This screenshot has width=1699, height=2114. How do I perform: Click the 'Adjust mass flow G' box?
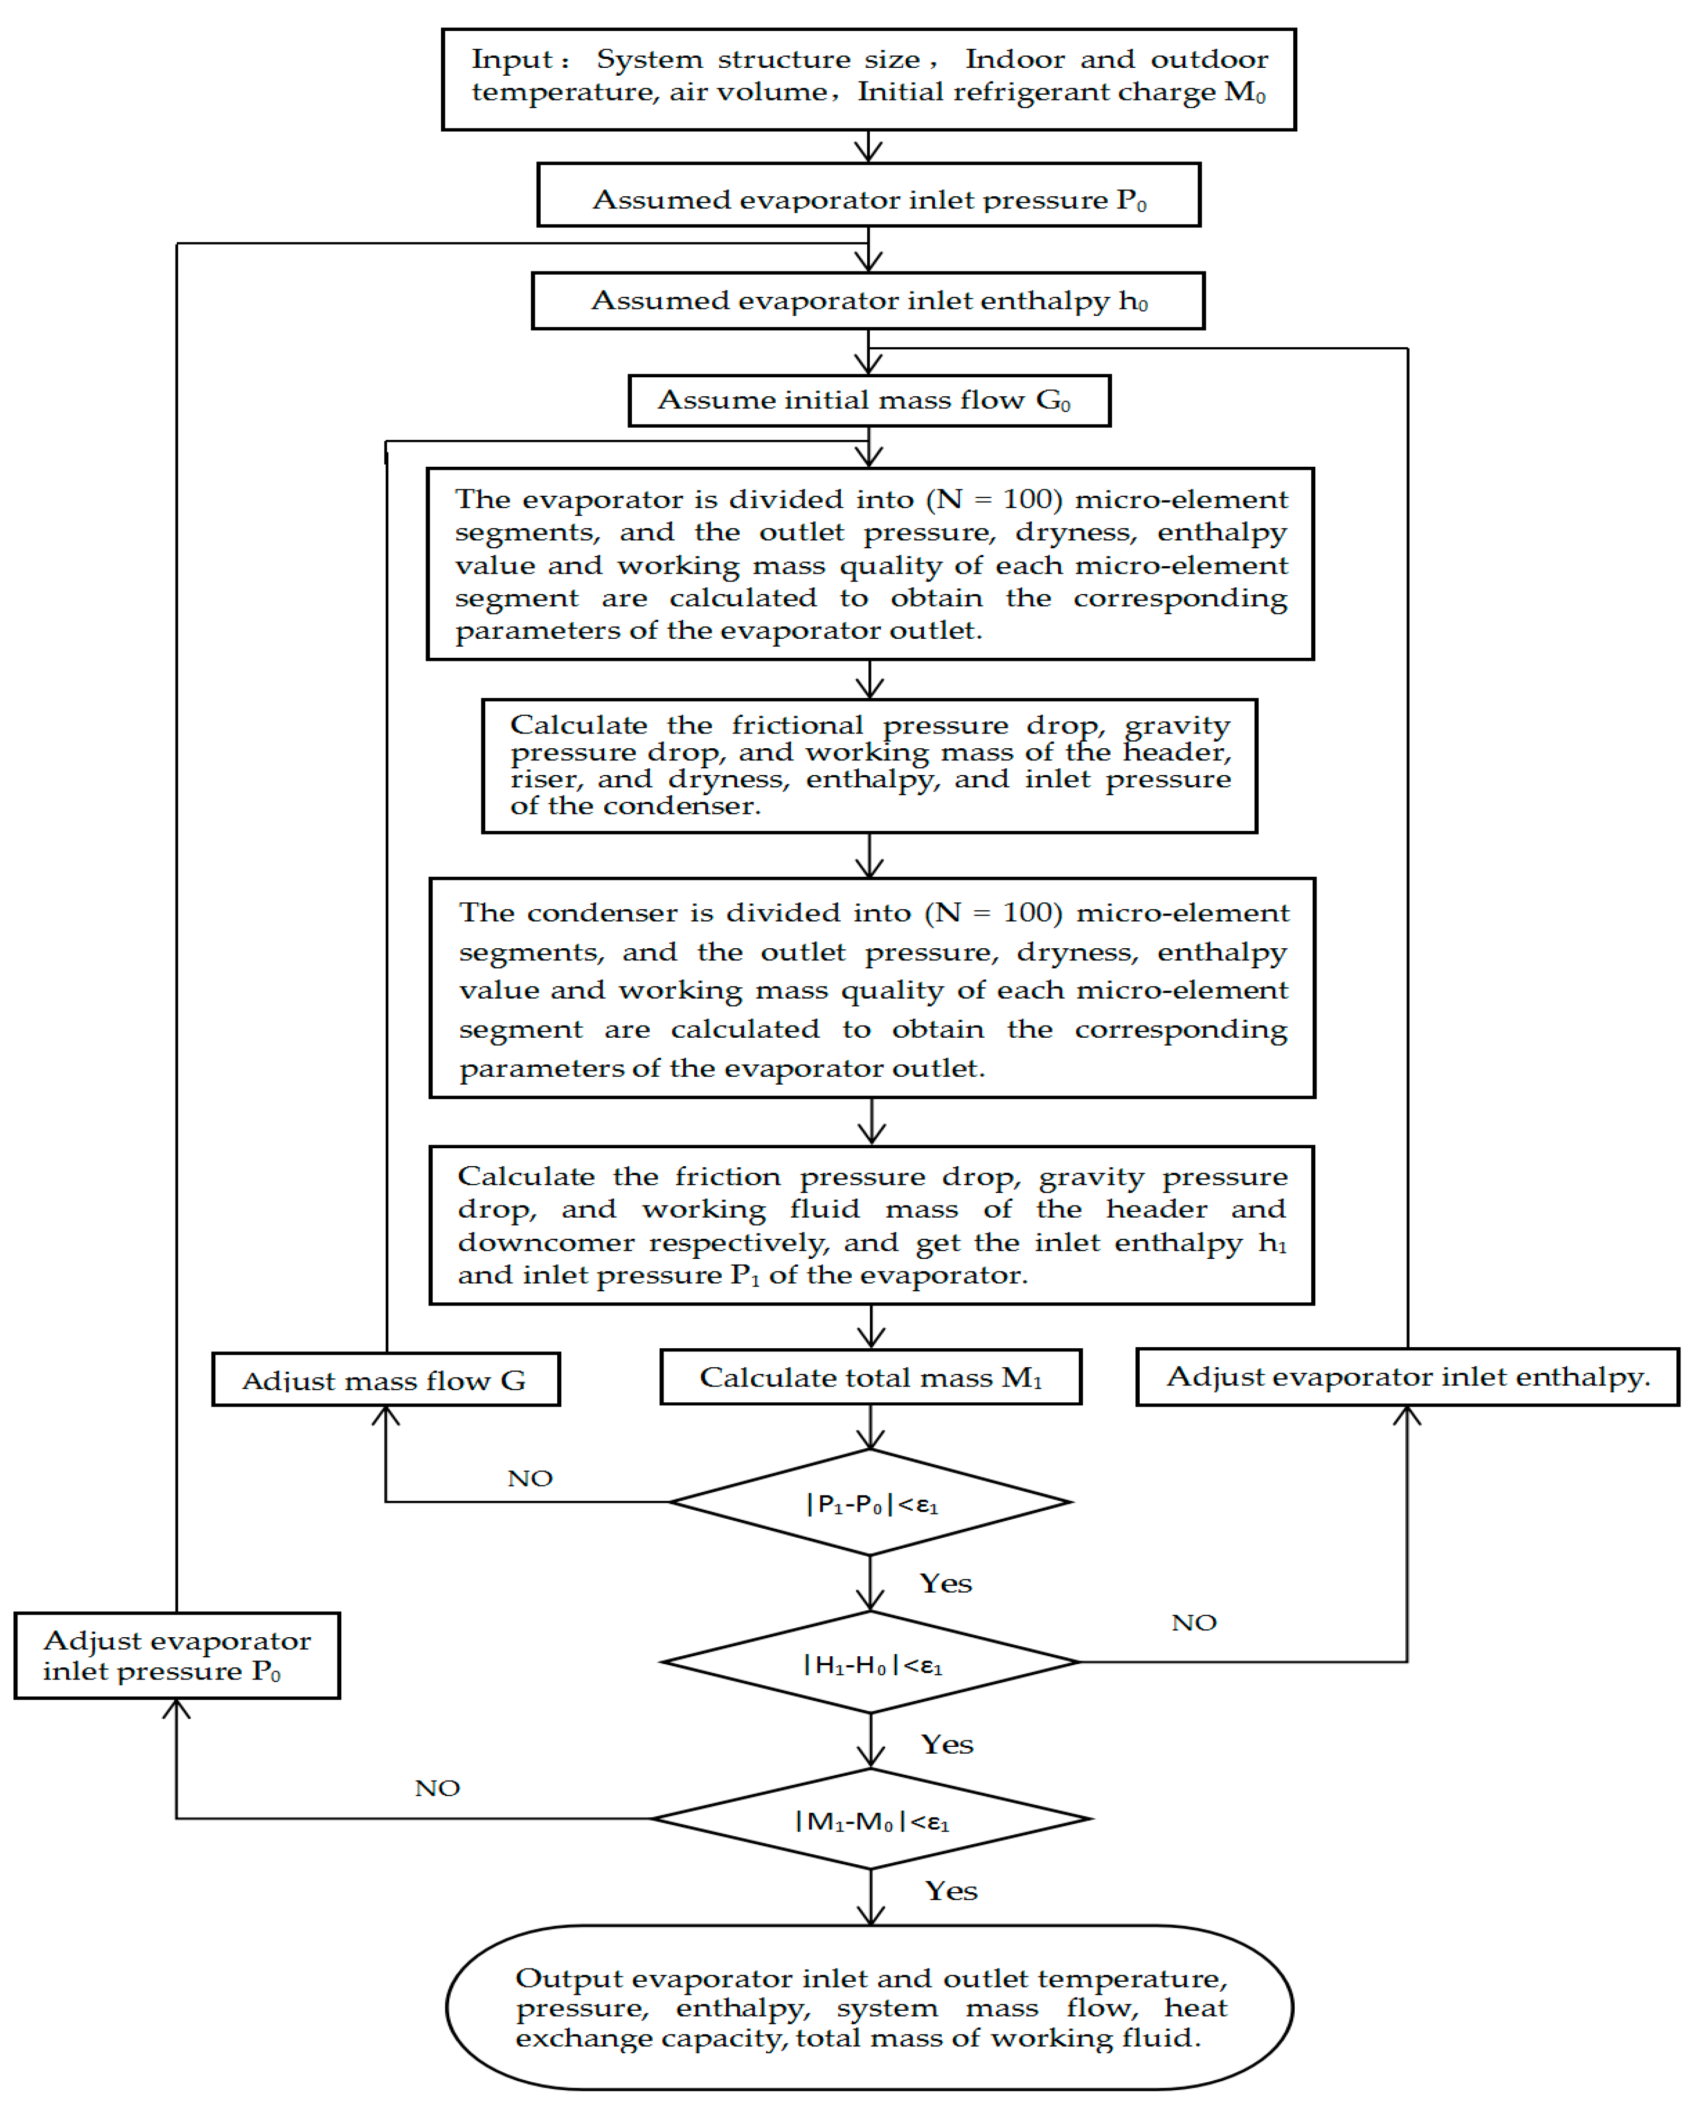(385, 1380)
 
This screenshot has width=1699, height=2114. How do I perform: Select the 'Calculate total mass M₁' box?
(870, 1377)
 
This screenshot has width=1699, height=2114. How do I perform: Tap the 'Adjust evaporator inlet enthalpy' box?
(1407, 1377)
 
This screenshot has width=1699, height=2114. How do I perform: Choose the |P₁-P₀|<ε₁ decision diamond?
(870, 1502)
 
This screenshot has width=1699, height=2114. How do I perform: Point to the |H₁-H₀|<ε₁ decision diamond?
(870, 1662)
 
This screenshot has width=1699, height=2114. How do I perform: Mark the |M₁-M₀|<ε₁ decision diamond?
(870, 1819)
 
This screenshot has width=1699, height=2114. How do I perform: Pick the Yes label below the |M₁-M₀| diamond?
(951, 1891)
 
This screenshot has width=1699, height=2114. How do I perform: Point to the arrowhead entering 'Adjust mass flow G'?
(385, 1415)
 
